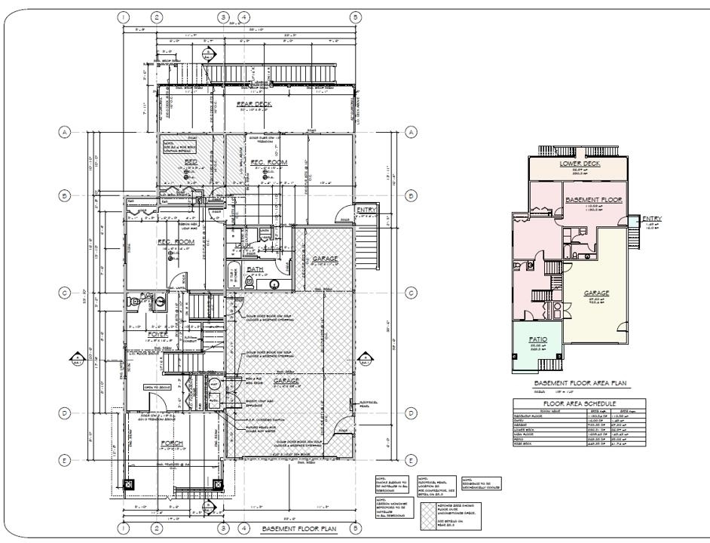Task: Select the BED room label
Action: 192,162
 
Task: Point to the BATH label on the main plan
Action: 256,269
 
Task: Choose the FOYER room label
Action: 158,334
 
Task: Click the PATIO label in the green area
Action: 538,341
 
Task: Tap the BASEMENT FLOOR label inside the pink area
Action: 592,201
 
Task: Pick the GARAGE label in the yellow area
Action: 595,293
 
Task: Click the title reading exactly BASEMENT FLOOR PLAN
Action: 299,529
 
